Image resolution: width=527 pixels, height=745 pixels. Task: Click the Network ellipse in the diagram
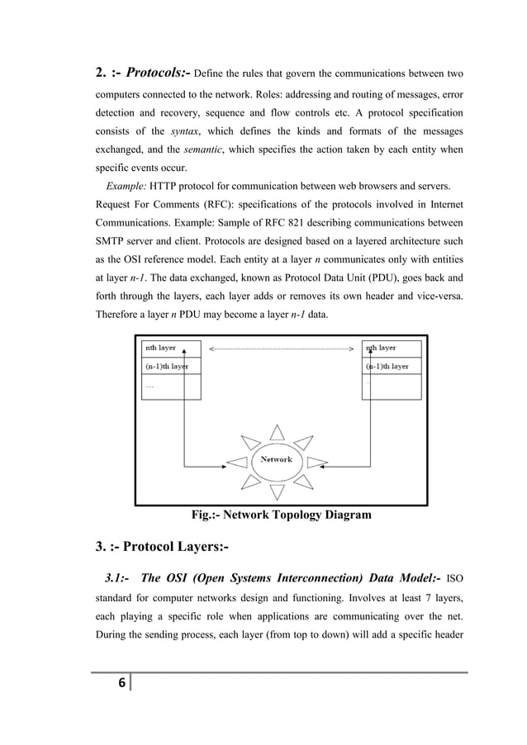276,460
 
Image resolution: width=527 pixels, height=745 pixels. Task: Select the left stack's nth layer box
171,349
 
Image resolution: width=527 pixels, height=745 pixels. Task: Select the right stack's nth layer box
392,349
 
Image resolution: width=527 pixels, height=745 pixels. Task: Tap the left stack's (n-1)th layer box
171,365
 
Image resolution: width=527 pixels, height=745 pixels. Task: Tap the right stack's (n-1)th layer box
392,365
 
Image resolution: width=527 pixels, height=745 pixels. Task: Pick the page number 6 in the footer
122,683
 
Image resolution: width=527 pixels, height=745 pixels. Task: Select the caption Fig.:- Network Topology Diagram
281,515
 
